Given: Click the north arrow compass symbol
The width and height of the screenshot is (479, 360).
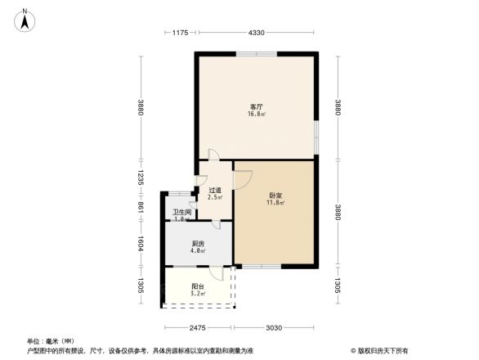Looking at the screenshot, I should (x=25, y=18).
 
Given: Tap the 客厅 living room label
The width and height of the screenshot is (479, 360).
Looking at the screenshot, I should (x=256, y=106).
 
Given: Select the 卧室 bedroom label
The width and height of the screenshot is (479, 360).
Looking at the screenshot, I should (x=275, y=196).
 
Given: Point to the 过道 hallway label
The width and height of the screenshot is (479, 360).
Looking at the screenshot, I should (x=215, y=190).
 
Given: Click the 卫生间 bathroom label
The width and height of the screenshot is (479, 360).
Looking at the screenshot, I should (x=181, y=212).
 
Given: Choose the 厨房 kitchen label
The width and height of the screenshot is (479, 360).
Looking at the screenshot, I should (x=198, y=244).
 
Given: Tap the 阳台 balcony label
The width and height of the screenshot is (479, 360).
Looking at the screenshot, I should (x=198, y=286).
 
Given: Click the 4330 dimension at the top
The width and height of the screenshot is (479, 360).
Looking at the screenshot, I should (x=257, y=33).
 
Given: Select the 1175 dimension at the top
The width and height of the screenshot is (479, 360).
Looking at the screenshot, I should (x=181, y=33).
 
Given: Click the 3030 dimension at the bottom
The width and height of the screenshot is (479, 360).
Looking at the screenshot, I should (x=274, y=328).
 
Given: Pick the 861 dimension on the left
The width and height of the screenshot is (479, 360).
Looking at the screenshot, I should (x=141, y=209).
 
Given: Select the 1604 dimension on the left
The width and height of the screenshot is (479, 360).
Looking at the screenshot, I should (x=141, y=243).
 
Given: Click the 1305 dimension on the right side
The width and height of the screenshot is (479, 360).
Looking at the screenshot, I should (x=337, y=286).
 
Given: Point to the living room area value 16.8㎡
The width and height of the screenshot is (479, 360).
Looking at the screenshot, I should (x=256, y=115).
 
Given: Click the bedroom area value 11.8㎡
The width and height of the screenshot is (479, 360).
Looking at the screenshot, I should (x=275, y=203).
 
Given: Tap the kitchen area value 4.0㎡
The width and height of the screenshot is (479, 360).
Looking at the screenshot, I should (x=198, y=251).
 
